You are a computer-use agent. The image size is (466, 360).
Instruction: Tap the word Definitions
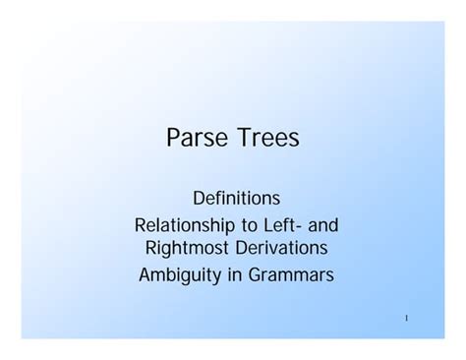[236, 199]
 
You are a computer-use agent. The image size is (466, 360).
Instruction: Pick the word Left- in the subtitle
[288, 225]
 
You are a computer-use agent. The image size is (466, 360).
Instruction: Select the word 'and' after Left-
[324, 225]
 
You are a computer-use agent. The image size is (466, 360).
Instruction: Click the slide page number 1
[406, 319]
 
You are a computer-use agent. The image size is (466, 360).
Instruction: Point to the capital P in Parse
[174, 139]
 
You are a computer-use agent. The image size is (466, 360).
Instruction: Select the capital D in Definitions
[199, 199]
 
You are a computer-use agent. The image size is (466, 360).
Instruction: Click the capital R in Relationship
[140, 225]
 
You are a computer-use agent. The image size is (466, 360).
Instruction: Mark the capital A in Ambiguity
[145, 274]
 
